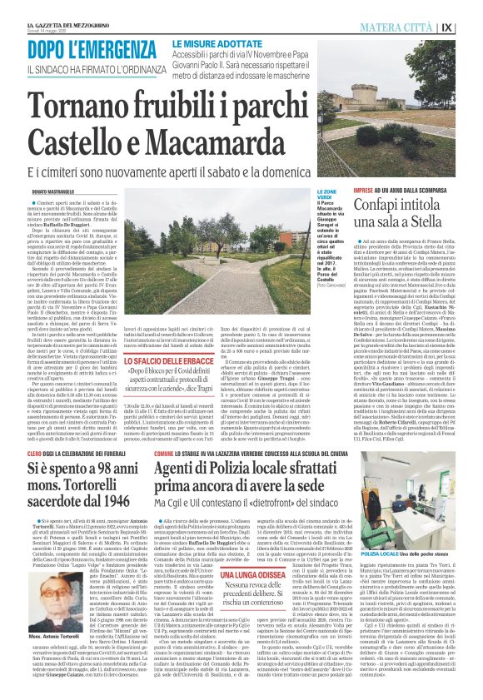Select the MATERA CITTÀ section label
(x=399, y=27)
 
